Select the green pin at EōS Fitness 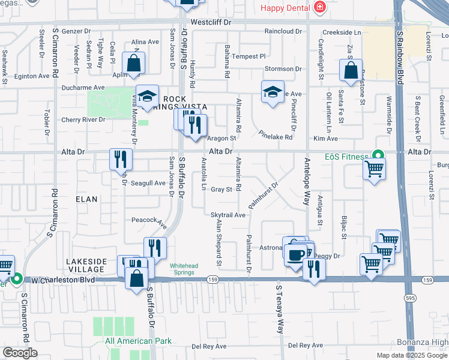point(378,155)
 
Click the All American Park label point(138,341)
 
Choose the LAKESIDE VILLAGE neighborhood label point(87,265)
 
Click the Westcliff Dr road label point(215,22)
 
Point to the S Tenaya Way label point(279,309)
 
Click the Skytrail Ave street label point(228,215)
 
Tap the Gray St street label point(221,190)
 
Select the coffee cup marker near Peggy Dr point(295,254)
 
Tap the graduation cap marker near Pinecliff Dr point(273,92)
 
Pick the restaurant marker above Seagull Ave point(121,159)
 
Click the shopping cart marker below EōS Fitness point(374,169)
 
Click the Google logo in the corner point(20,353)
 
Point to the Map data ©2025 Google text point(411,355)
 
